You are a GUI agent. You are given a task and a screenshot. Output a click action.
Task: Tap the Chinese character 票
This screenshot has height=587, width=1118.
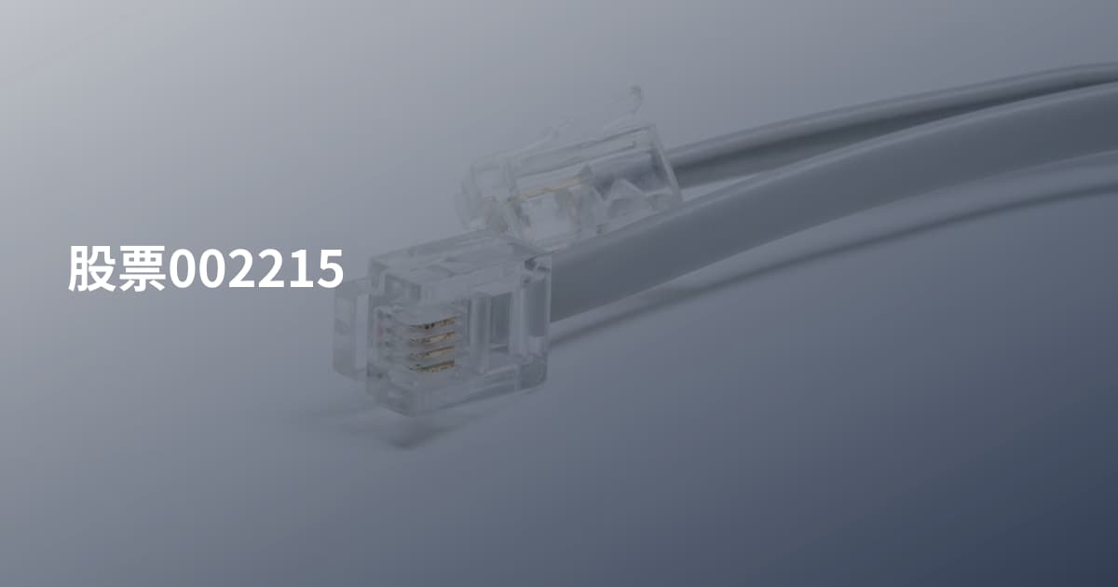pyautogui.click(x=143, y=268)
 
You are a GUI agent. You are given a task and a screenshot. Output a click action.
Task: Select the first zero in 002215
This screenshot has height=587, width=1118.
pyautogui.click(x=183, y=268)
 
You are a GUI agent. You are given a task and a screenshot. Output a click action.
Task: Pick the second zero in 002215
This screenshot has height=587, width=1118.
pyautogui.click(x=212, y=268)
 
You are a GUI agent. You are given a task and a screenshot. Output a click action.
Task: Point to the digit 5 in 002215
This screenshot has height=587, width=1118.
pyautogui.click(x=330, y=269)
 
